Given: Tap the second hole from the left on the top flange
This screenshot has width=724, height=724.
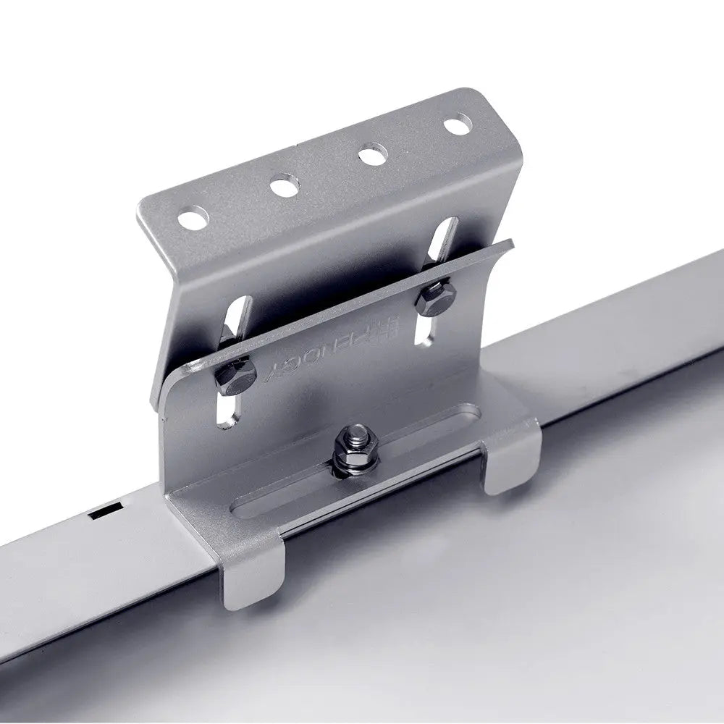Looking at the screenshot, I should [285, 186].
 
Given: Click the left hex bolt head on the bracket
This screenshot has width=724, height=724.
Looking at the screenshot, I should [236, 374].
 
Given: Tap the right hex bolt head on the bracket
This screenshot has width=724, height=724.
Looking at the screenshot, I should [434, 299].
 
